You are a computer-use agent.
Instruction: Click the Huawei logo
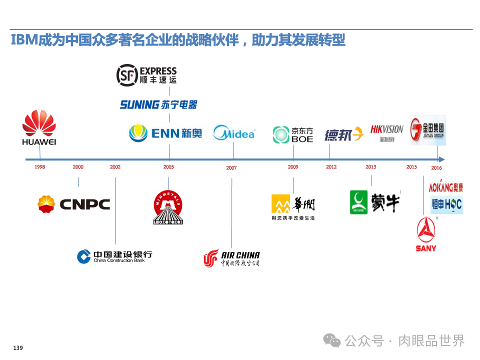tap(39, 128)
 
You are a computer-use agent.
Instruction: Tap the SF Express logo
tap(146, 75)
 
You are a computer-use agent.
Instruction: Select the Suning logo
tap(158, 104)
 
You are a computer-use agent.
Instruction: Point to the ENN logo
tap(165, 133)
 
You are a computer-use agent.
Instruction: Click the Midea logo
tap(233, 133)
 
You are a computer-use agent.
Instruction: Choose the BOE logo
tap(293, 134)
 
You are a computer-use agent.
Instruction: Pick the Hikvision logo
tap(386, 132)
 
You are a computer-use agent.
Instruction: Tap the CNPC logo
tap(74, 204)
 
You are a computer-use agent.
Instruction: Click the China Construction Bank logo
tap(114, 256)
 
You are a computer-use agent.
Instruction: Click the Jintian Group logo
tap(427, 130)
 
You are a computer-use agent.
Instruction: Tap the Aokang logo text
tap(445, 187)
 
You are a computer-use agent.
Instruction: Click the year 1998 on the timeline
tap(39, 167)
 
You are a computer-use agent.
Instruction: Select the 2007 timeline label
tap(231, 168)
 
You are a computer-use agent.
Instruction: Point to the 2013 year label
tap(370, 167)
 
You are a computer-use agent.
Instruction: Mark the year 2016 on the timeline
tap(436, 168)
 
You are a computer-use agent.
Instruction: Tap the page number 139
tap(18, 348)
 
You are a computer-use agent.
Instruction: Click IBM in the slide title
tap(24, 40)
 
